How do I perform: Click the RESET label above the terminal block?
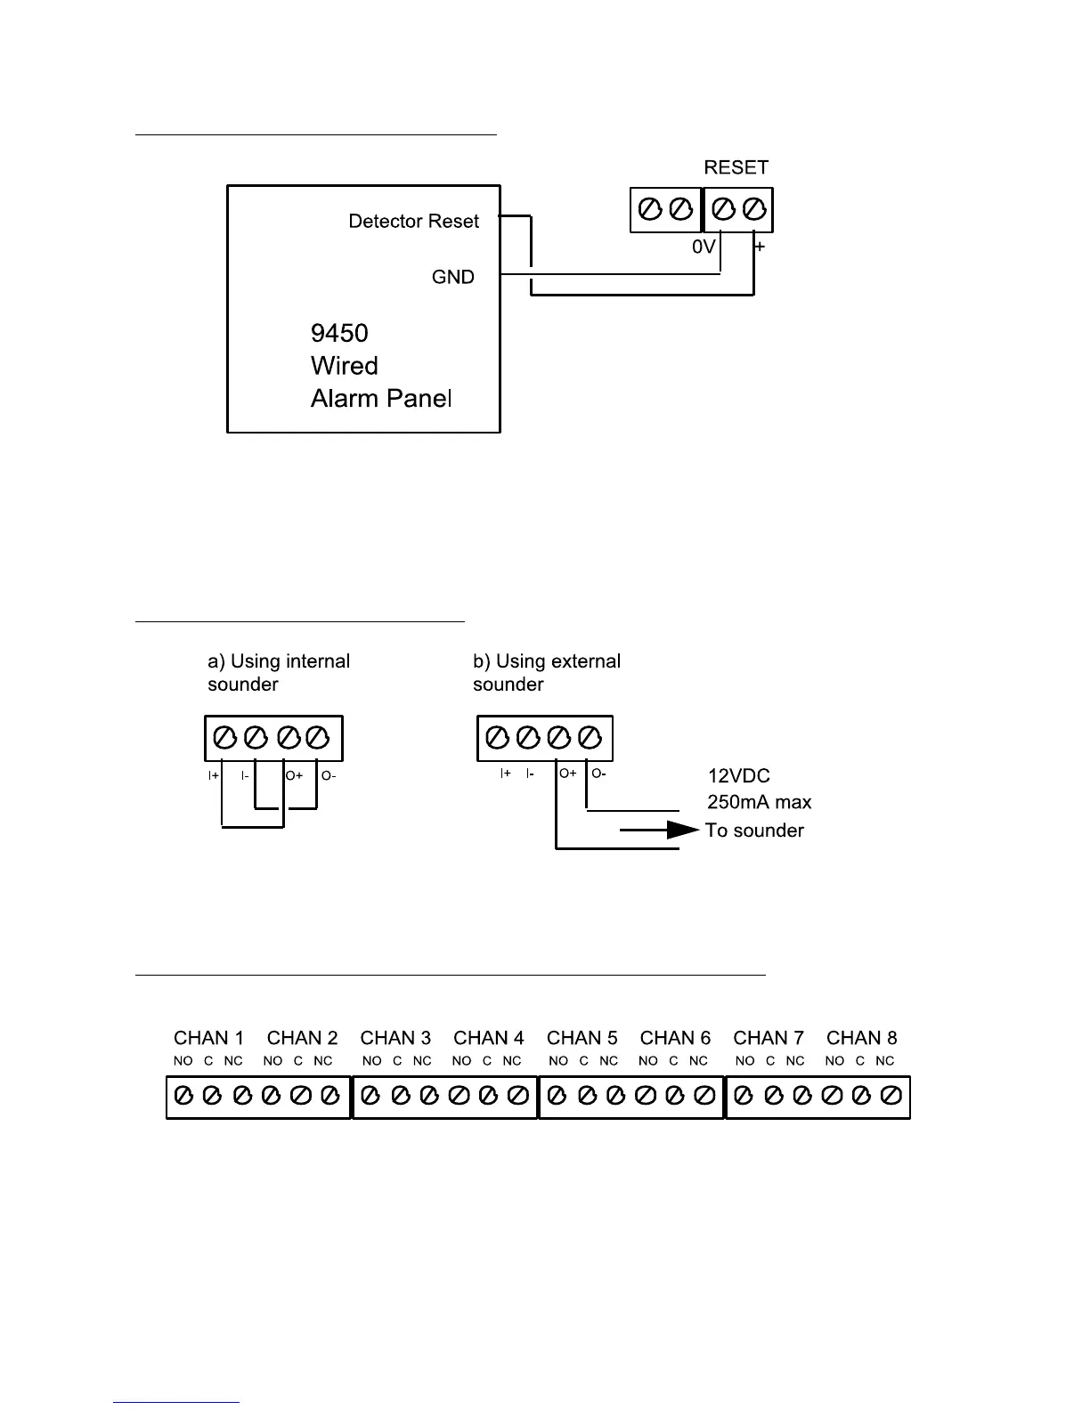pyautogui.click(x=736, y=167)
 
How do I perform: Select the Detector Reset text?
pyautogui.click(x=413, y=222)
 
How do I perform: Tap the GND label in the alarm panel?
pyautogui.click(x=452, y=278)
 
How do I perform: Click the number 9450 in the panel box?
pyautogui.click(x=339, y=334)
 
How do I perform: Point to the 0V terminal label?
pyautogui.click(x=704, y=247)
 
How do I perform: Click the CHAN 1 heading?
pyautogui.click(x=208, y=1038)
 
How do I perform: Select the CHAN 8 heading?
pyautogui.click(x=861, y=1038)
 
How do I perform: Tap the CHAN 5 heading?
pyautogui.click(x=582, y=1038)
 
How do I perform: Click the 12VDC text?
pyautogui.click(x=738, y=776)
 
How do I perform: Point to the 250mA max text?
pyautogui.click(x=759, y=802)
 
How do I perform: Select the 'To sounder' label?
pyautogui.click(x=754, y=831)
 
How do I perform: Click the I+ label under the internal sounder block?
pyautogui.click(x=214, y=776)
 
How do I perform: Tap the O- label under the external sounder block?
pyautogui.click(x=598, y=774)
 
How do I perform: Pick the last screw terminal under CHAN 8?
pyautogui.click(x=891, y=1096)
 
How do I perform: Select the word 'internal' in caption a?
pyautogui.click(x=315, y=661)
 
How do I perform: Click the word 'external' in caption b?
pyautogui.click(x=584, y=661)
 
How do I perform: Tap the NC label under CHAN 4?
pyautogui.click(x=511, y=1061)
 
